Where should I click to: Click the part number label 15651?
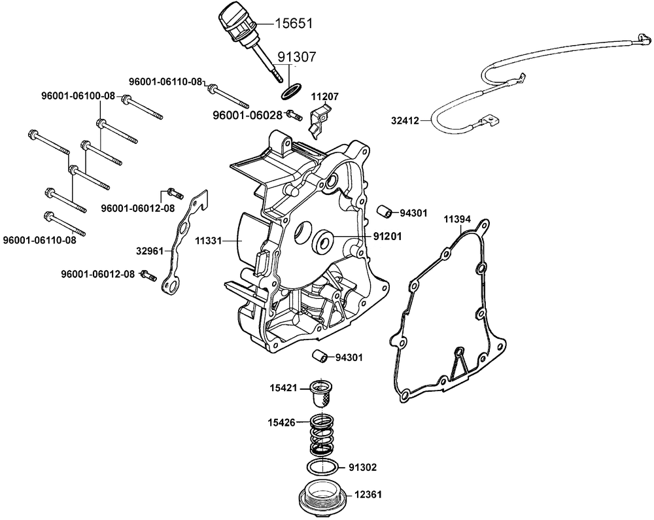292,24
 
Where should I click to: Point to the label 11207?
324,96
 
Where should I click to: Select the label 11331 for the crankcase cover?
209,241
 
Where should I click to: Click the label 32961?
150,249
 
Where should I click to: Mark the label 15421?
284,388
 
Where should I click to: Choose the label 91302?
363,468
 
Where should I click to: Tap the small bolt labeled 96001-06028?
294,114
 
